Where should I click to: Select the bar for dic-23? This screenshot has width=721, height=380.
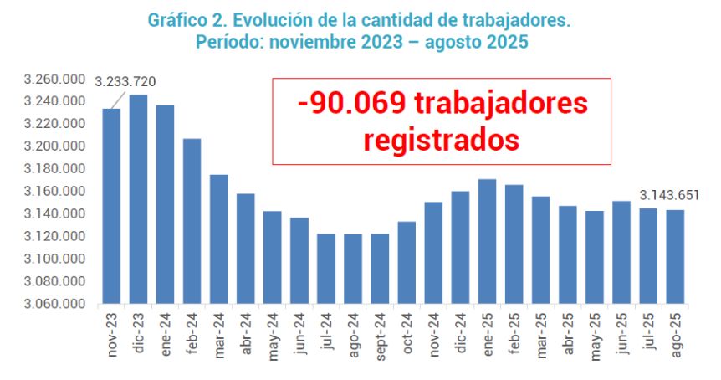point(138,198)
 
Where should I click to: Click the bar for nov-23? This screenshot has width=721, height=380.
point(111,206)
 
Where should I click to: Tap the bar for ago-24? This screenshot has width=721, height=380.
point(353,268)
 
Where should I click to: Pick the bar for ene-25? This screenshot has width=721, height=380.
point(487,241)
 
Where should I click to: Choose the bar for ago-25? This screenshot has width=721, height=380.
point(675,256)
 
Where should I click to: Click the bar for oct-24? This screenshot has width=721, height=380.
point(407,262)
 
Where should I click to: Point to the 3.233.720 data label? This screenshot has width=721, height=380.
point(125,82)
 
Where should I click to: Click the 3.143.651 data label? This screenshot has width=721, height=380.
point(669,196)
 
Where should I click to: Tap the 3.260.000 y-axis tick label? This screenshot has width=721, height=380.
point(56,80)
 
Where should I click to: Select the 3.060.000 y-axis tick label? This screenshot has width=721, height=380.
point(56,304)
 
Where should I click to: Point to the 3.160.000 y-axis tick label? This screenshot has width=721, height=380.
point(56,192)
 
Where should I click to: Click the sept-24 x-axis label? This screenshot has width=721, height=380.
point(380,336)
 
